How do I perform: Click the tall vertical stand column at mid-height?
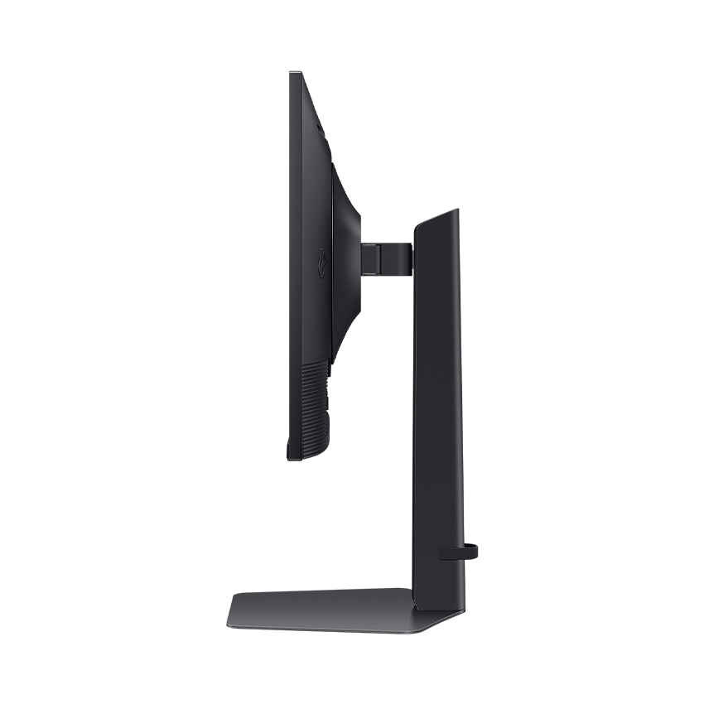coord(438,398)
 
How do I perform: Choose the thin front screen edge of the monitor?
coord(292,265)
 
